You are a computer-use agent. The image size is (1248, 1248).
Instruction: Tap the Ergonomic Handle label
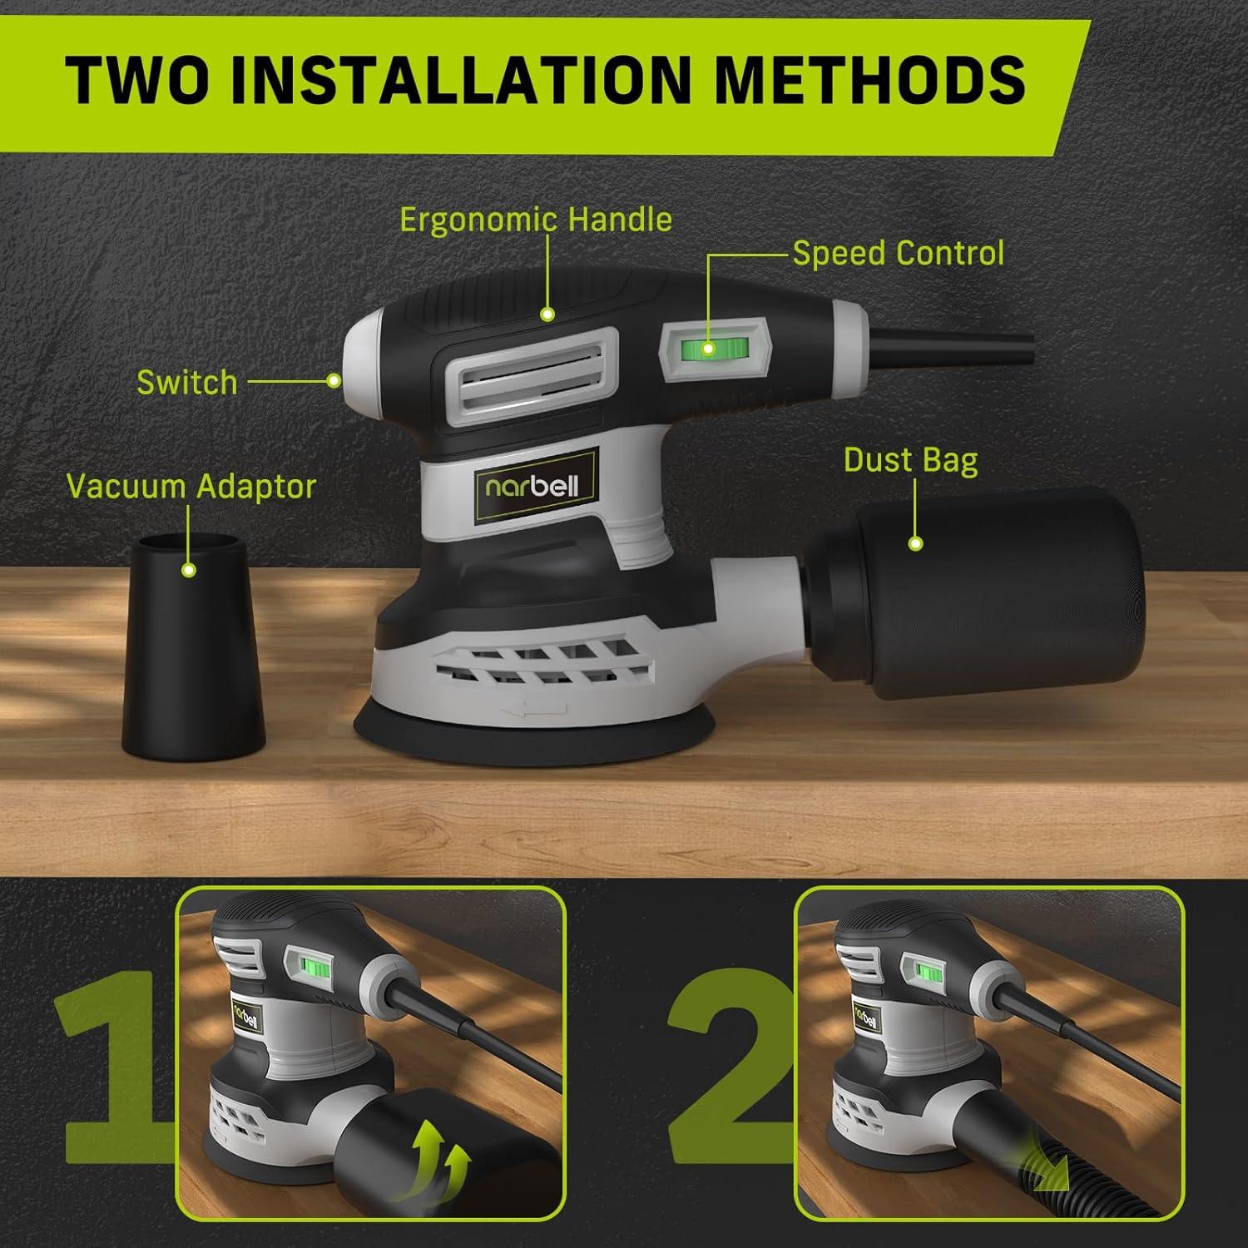(535, 220)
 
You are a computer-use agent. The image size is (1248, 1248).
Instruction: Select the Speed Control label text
(898, 253)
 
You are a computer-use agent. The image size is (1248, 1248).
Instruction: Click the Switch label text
(187, 383)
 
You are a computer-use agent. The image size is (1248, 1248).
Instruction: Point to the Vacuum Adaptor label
(191, 487)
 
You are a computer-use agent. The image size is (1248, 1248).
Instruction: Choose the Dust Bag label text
(910, 460)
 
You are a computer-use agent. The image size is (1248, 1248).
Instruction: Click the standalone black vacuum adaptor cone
(193, 657)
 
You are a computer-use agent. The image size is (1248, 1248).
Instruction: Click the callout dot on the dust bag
(915, 544)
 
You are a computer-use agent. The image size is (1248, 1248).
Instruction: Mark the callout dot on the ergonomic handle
(547, 314)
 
